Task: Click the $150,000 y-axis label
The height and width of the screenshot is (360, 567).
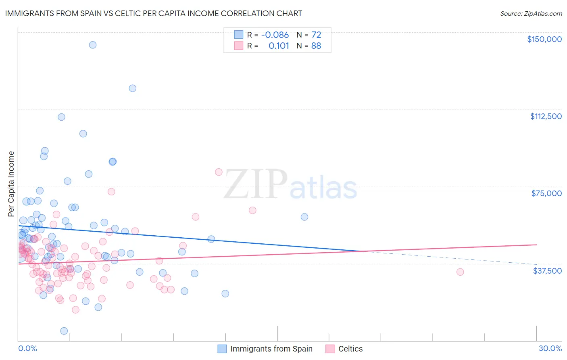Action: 544,39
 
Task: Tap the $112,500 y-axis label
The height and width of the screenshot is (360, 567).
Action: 546,116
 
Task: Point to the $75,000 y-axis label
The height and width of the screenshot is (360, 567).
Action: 546,193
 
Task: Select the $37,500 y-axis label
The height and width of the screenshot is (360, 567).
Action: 547,271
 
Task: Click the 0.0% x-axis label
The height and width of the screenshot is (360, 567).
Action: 27,349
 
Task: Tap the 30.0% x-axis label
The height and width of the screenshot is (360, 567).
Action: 550,349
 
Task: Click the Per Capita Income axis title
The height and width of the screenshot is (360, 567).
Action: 11,184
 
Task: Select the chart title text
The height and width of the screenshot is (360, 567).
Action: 153,13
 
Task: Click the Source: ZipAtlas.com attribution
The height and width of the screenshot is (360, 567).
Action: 531,13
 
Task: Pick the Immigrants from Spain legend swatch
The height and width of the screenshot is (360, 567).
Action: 222,349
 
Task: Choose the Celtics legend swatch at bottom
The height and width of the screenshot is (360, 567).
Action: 330,349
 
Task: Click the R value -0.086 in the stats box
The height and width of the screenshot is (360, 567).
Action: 275,35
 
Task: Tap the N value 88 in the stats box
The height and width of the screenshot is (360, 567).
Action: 316,46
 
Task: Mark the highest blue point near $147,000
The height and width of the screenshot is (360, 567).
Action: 93,45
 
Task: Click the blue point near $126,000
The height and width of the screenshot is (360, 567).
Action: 132,88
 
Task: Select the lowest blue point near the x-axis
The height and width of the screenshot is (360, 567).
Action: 64,331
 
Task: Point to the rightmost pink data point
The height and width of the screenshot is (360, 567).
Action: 460,272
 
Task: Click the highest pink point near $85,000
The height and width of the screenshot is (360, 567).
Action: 219,172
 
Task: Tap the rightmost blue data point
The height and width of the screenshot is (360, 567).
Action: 304,217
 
